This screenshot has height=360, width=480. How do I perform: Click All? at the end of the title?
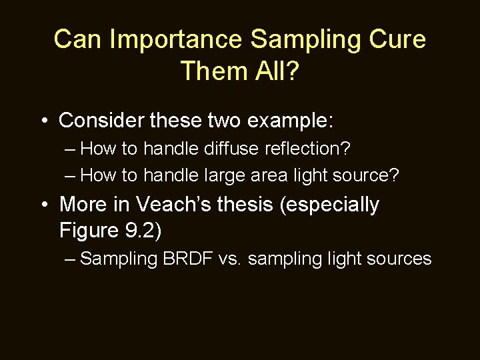[x=275, y=70]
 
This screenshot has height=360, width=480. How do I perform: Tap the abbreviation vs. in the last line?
[x=235, y=259]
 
